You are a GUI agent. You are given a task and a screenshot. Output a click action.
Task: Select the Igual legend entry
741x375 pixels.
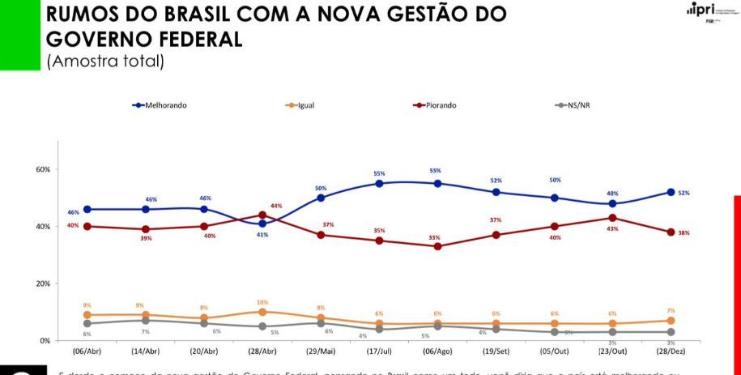point(304,105)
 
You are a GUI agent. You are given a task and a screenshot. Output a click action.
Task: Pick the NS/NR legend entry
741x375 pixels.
point(577,105)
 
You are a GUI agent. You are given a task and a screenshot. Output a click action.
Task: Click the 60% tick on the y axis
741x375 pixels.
point(43,169)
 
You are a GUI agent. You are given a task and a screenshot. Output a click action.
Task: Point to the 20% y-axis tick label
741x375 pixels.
point(43,283)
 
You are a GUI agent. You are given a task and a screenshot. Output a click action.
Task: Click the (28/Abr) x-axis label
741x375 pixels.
point(262,352)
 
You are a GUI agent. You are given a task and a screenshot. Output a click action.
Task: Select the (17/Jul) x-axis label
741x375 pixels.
point(379,352)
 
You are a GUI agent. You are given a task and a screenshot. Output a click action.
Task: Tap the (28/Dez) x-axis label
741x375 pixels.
point(671,352)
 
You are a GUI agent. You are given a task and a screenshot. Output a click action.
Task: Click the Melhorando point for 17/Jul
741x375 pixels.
point(379,183)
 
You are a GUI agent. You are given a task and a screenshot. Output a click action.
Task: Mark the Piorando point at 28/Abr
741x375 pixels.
point(262,215)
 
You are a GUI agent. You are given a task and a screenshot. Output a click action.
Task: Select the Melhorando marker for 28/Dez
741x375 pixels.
point(671,192)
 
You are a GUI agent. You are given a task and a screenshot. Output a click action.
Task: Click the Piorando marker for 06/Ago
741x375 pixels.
point(437,246)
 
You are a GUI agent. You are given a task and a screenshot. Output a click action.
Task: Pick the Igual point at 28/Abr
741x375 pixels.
point(262,312)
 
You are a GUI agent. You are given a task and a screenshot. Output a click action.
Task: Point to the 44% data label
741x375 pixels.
point(276,207)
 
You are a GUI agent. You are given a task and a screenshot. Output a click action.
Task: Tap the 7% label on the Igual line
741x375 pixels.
point(671,311)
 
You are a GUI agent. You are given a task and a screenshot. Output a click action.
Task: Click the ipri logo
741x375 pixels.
point(703,10)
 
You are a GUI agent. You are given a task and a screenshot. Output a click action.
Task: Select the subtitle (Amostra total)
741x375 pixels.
point(106,61)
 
